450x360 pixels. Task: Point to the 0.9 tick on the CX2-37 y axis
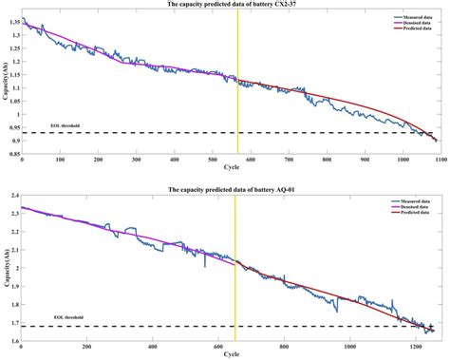(14, 141)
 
